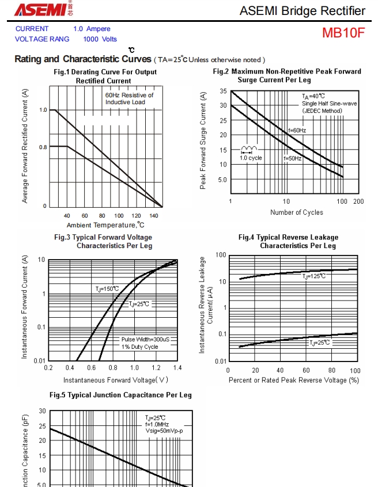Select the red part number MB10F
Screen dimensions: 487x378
[343, 33]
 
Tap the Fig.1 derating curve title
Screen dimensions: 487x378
[105, 77]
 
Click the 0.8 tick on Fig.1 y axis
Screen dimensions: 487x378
[43, 147]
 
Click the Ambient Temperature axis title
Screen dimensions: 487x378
[105, 225]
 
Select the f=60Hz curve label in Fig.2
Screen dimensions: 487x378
[297, 131]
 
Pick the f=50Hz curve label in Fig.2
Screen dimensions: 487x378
[292, 158]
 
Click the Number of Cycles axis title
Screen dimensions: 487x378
[297, 212]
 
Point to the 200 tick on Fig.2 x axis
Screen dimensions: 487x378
[358, 201]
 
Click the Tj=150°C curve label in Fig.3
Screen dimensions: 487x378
[107, 288]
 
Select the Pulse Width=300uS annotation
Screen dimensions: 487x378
[149, 339]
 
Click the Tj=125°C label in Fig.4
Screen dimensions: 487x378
[315, 276]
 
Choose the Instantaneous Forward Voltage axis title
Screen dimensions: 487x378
[116, 380]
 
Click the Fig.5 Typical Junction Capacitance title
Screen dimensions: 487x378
[120, 395]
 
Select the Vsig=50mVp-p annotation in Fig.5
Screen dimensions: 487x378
[164, 431]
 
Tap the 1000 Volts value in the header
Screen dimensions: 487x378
[100, 39]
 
